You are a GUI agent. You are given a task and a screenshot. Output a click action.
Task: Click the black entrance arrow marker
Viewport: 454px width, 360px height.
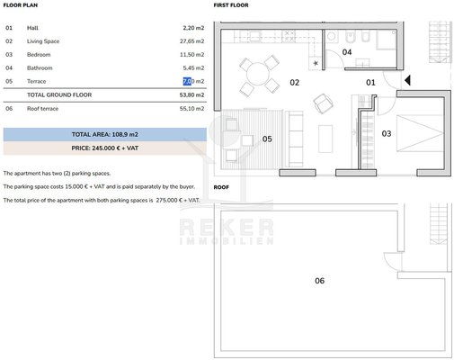(407, 80)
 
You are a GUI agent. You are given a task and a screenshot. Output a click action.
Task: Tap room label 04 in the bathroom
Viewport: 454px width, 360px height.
(347, 52)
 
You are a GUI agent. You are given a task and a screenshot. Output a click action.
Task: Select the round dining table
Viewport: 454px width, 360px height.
(258, 74)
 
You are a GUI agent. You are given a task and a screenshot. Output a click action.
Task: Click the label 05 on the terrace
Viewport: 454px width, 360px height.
(267, 139)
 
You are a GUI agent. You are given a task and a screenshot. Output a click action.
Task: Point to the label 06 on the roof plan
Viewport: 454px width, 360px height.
(319, 281)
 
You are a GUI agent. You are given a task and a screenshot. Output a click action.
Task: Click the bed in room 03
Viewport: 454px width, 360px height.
(420, 133)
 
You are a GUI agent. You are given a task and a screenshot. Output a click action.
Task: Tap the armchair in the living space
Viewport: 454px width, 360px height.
(323, 103)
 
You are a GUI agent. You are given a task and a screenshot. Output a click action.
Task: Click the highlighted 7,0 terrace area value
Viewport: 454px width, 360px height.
(187, 81)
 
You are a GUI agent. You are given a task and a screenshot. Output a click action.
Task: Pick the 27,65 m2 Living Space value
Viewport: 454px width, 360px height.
(191, 41)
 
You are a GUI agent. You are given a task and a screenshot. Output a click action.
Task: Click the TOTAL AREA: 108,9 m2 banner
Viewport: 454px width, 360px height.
(105, 134)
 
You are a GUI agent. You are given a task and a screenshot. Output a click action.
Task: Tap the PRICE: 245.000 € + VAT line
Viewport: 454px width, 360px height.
(105, 148)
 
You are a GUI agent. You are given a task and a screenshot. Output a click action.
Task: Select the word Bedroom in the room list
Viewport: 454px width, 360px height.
(39, 55)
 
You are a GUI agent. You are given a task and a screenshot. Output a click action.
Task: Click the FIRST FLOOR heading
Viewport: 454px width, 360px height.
(231, 5)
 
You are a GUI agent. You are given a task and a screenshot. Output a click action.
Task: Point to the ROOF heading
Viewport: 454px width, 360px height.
(221, 187)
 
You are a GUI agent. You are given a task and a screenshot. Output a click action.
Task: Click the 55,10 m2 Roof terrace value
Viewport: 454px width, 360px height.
(191, 109)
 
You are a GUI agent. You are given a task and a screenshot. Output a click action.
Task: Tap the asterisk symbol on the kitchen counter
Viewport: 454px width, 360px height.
(316, 63)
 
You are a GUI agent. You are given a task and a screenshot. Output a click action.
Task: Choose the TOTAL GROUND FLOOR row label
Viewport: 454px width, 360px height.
(59, 94)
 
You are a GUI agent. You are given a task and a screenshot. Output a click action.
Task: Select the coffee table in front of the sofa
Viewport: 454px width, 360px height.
(325, 139)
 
